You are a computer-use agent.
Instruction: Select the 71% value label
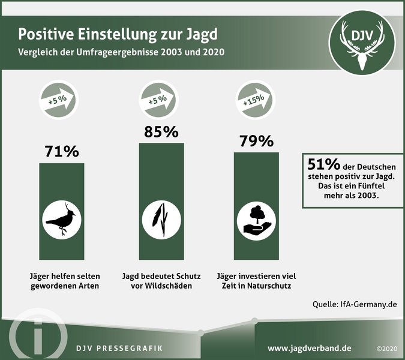tap(62, 152)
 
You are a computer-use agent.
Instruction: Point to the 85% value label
tap(161, 131)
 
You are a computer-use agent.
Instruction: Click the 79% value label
tap(256, 142)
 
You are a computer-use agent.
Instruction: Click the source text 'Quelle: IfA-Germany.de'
tap(355, 304)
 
